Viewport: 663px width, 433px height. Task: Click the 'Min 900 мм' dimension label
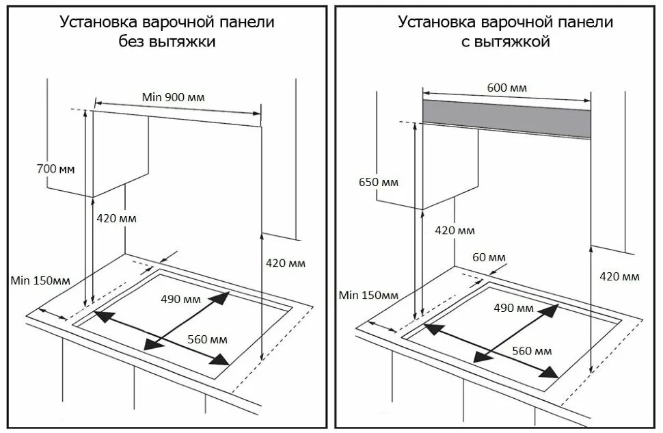tap(173, 97)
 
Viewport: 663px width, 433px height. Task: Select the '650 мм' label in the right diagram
tap(378, 183)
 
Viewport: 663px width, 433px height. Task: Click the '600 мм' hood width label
tap(506, 88)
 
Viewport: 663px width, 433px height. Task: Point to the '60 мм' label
tap(489, 257)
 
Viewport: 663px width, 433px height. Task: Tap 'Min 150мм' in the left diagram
tap(40, 280)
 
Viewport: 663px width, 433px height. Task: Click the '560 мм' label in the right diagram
tap(532, 351)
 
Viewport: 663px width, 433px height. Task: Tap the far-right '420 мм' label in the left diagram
tap(286, 263)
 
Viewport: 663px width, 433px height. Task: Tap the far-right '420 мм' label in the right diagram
tap(619, 276)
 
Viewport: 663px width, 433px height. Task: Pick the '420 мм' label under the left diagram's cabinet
tap(116, 219)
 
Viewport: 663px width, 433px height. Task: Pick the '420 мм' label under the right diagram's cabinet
tap(455, 231)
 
